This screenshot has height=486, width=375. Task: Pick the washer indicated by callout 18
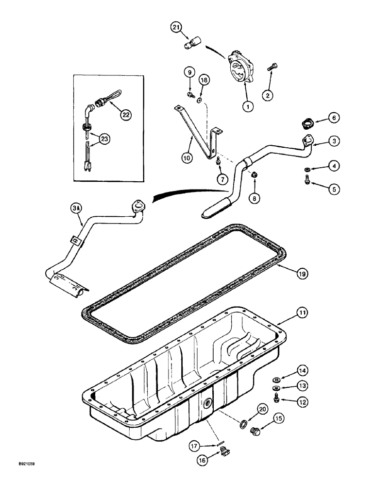click(200, 100)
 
